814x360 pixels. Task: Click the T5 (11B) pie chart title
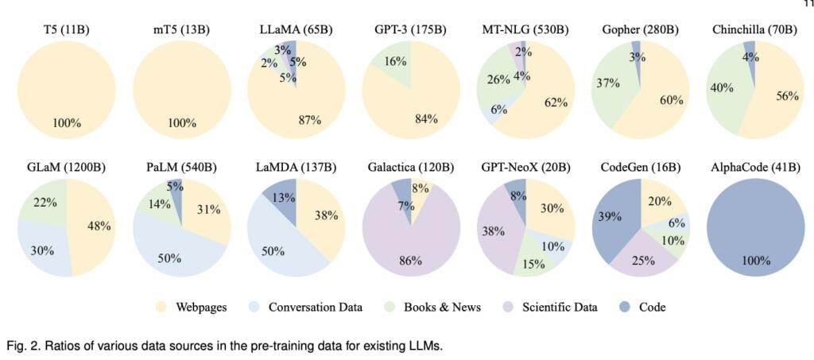[66, 30]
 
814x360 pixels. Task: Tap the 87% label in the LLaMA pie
[309, 120]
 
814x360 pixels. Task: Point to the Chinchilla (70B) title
[754, 30]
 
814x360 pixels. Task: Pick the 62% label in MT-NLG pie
[556, 102]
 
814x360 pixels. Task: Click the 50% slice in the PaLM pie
[169, 258]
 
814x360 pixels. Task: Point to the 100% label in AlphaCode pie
[756, 259]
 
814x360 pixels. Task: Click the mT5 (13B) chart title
[182, 30]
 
